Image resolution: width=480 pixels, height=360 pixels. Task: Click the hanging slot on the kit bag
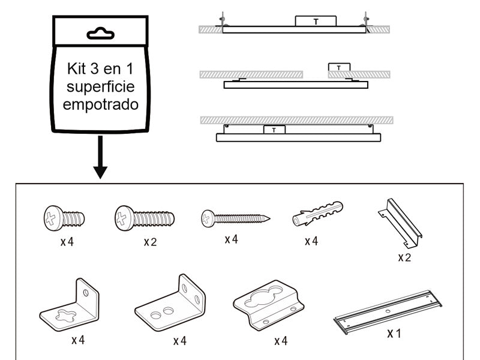tap(100, 34)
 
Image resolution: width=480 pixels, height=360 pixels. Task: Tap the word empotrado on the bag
tap(100, 104)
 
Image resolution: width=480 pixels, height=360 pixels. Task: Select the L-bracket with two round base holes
tap(170, 303)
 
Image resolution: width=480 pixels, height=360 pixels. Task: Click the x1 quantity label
tap(394, 333)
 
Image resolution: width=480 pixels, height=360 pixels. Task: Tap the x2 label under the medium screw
tap(150, 242)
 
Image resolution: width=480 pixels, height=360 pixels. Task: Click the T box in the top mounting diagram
tap(316, 21)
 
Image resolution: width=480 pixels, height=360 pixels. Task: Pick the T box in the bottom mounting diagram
tap(274, 129)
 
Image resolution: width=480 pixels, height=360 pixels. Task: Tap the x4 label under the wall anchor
tap(311, 241)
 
